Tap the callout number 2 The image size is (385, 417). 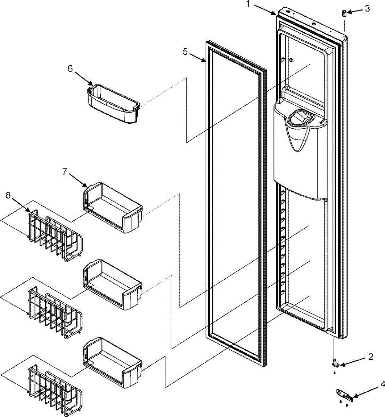point(370,357)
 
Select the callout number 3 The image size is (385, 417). point(367,8)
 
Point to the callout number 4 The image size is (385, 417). point(382,385)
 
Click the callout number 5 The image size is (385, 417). point(185,52)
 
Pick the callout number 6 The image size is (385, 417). point(70,68)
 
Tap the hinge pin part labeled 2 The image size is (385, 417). point(335,363)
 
